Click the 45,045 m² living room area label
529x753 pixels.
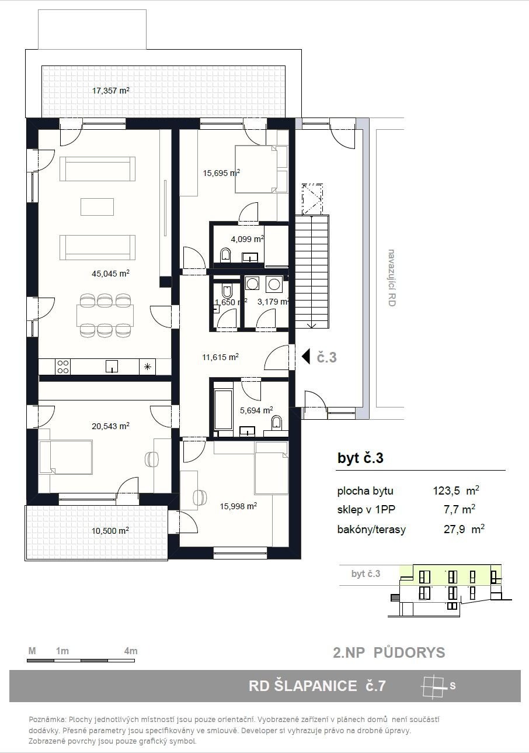pos(110,273)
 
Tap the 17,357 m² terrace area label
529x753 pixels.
pos(111,90)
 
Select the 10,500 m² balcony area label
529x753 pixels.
pos(110,530)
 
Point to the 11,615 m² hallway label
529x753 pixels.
pos(220,357)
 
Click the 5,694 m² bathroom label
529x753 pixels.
pos(256,410)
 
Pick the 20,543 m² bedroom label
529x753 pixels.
pos(110,426)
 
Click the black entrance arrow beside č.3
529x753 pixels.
pos(305,357)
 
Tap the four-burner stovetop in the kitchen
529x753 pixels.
pos(63,367)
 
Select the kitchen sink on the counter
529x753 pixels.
pos(112,367)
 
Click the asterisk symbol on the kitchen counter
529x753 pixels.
pos(147,367)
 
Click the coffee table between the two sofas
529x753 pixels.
pos(97,206)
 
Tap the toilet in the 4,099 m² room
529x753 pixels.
pos(225,255)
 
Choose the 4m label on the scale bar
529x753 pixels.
pos(131,651)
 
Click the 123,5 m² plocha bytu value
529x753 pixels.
pos(456,491)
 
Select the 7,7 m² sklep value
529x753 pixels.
pos(459,510)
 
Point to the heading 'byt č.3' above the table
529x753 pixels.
pos(360,458)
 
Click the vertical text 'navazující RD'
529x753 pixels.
pos(391,278)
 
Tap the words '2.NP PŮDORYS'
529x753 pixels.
pos(389,652)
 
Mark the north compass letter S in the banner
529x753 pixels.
pos(453,685)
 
